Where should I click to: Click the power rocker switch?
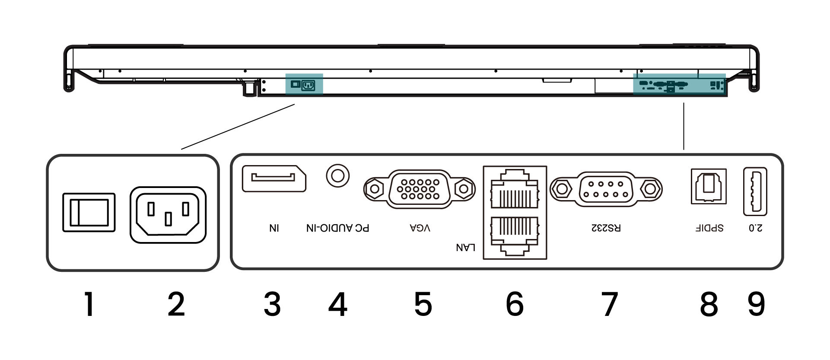coord(89,212)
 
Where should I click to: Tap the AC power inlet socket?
coord(168,214)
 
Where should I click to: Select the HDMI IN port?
coord(274,178)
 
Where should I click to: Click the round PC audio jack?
coord(337,175)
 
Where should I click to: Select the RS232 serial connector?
coord(606,188)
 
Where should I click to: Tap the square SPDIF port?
coord(709,186)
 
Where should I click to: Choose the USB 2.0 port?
coord(755,191)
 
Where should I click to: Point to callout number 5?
coord(423,304)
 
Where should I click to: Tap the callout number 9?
coord(756,304)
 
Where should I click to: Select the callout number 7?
coord(610,304)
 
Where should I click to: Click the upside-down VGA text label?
coord(420,228)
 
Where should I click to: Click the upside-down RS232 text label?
coord(606,228)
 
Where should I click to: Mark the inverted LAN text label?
coord(466,247)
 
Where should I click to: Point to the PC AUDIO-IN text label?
coord(338,228)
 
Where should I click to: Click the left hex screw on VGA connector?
coord(374,188)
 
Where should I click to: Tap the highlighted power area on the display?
coord(304,84)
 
